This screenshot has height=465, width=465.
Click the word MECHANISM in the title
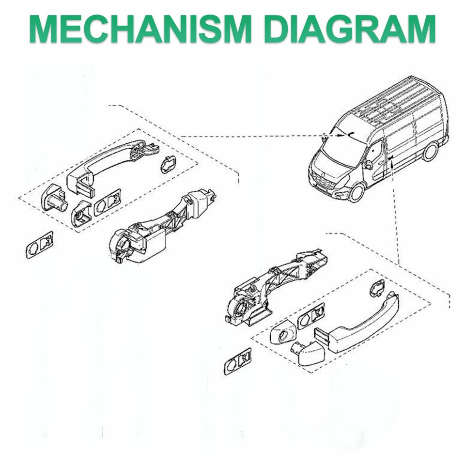point(140,30)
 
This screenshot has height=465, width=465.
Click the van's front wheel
point(357,193)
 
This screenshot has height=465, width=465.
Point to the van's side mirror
point(369,164)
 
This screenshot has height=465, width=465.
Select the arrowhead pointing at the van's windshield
point(340,136)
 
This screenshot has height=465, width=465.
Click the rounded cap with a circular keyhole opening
point(283,332)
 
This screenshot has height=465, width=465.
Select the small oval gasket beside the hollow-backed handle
point(168,164)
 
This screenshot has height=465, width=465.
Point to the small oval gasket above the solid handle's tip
point(377,288)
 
